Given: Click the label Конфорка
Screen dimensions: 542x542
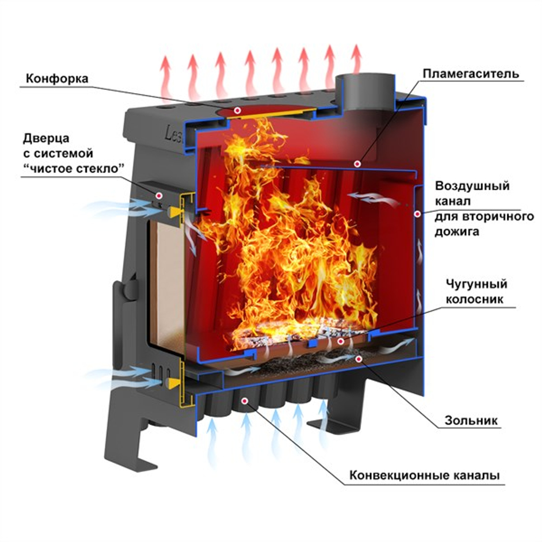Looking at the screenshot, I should (x=57, y=78).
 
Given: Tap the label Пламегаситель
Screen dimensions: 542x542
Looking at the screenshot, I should (x=471, y=73).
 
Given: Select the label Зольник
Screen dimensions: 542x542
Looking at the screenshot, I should (x=470, y=420).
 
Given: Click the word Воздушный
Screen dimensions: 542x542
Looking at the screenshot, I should (x=472, y=186).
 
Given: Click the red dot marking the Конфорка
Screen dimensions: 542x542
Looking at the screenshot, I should (x=237, y=110).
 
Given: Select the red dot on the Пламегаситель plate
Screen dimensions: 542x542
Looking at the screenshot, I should (x=357, y=163).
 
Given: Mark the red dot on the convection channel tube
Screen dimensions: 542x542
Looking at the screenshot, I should (x=245, y=401).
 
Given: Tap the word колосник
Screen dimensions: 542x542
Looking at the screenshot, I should (x=477, y=299).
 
